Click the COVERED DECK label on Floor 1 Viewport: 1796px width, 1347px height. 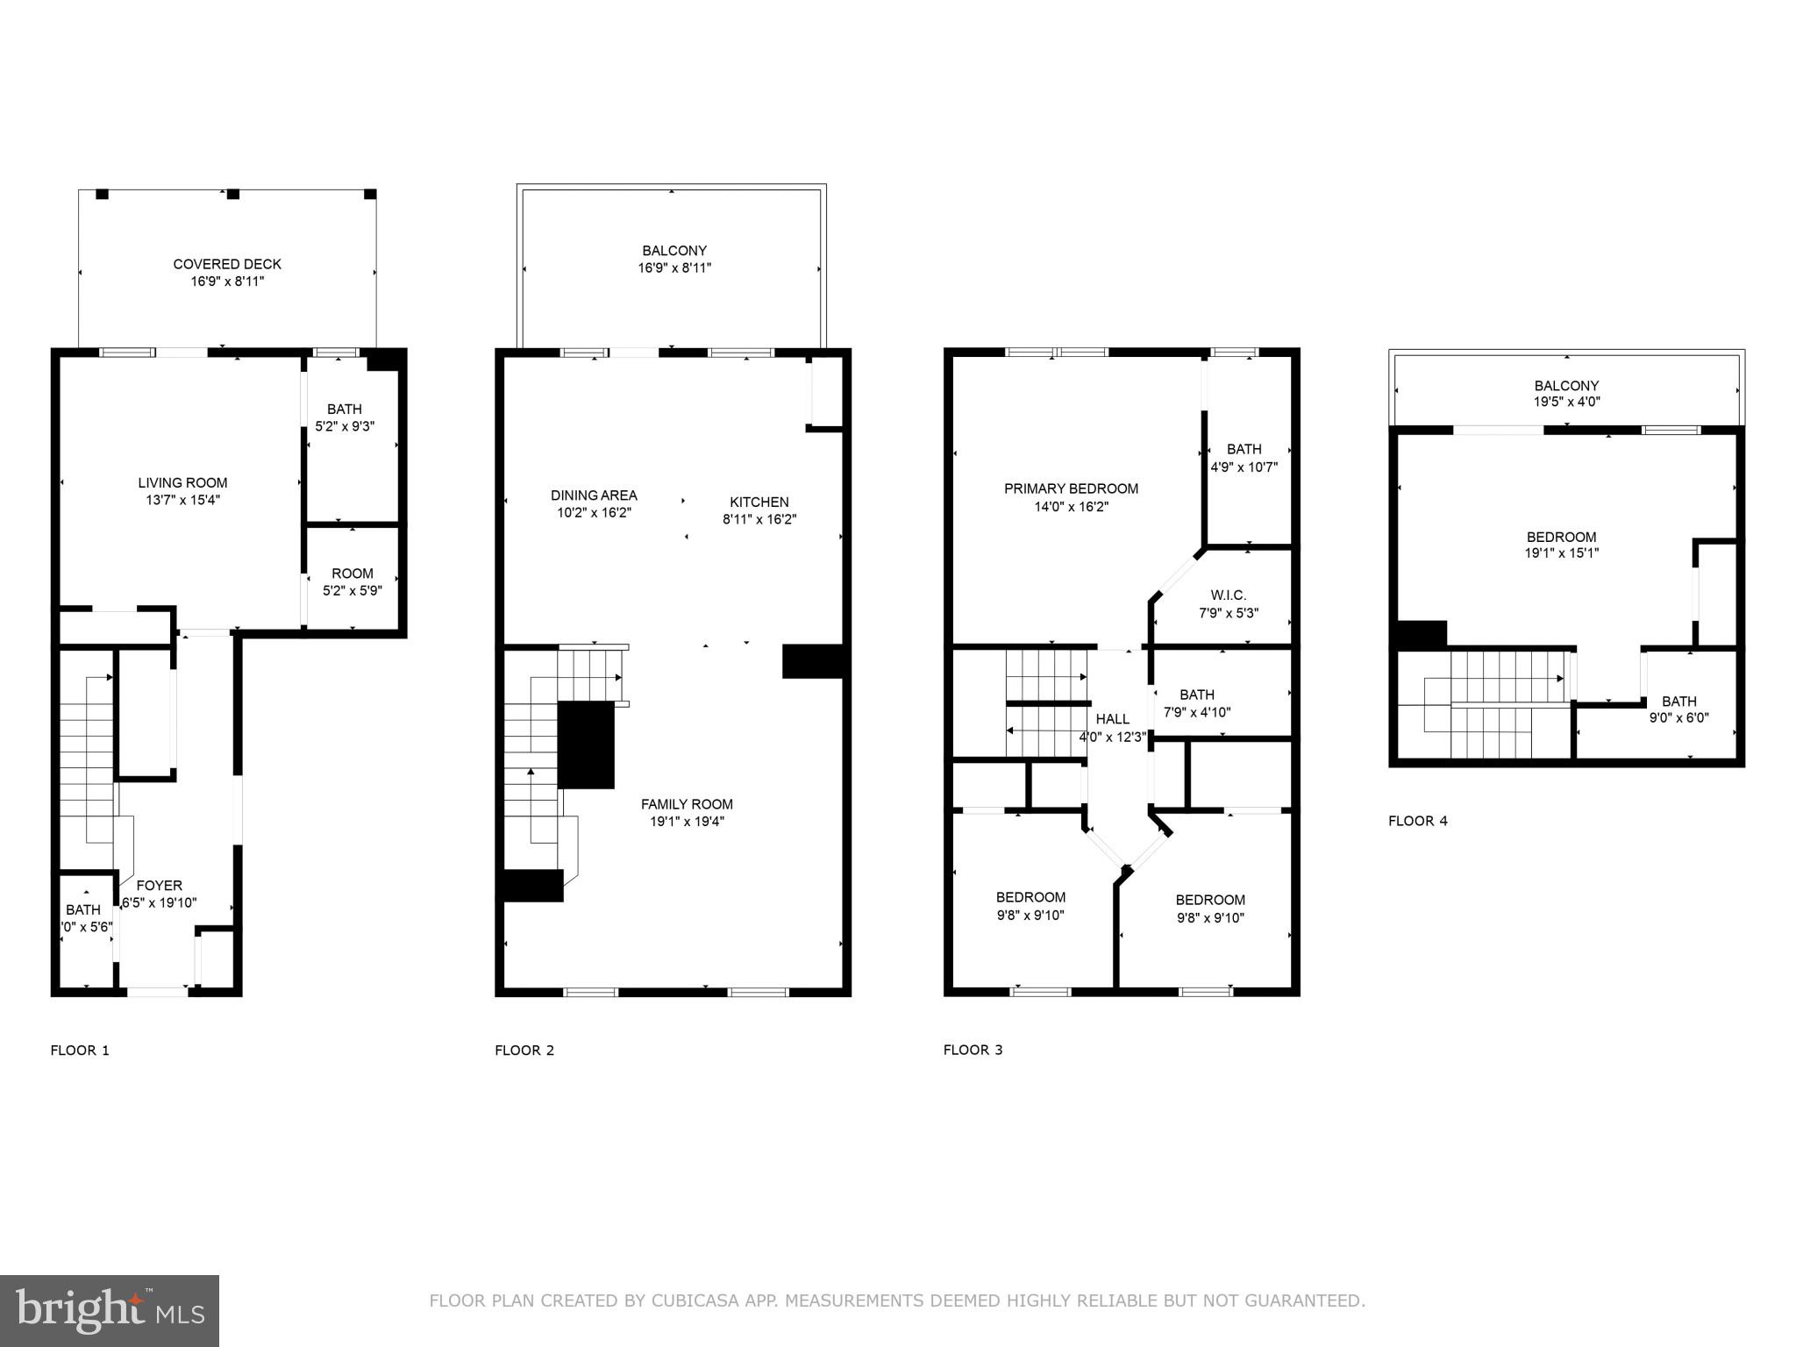(227, 264)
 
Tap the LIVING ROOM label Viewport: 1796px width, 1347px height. (182, 482)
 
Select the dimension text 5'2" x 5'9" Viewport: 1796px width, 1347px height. (353, 591)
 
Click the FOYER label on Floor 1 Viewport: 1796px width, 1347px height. (160, 886)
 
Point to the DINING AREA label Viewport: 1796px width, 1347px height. (594, 495)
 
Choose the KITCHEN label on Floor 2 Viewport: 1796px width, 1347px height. (759, 502)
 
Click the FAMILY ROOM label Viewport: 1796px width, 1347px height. (687, 804)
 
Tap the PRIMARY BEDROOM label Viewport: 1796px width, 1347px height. (1071, 488)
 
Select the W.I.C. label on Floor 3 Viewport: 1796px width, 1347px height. (1229, 595)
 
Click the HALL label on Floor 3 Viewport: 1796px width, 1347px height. (1112, 719)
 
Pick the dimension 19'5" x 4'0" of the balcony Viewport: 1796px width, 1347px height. (1566, 402)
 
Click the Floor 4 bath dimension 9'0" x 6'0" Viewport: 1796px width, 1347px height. (1678, 717)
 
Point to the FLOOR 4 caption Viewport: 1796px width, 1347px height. (1417, 821)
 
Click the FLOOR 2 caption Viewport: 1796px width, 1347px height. (524, 1050)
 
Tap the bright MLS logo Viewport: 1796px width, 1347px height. (110, 1311)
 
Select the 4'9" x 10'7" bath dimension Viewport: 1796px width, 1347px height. (1244, 467)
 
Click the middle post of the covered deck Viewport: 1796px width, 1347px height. (232, 194)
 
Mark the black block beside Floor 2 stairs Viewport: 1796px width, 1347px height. (586, 745)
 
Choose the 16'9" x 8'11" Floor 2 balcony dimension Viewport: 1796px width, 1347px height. (673, 268)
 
